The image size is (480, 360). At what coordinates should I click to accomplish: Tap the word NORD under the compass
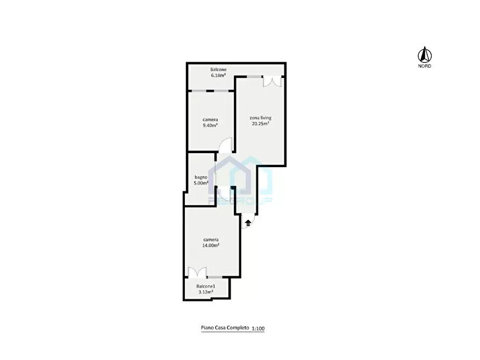point(425,66)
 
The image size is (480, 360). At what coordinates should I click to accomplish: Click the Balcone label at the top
point(218,69)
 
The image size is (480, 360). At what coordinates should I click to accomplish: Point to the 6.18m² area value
point(218,75)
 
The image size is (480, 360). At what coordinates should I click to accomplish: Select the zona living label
point(261,118)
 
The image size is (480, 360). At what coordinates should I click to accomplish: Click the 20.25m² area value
point(261,124)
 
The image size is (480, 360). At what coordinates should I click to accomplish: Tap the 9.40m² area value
point(210,125)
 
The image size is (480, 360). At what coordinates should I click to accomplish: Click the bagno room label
point(201,177)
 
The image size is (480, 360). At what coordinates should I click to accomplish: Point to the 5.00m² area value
point(201,183)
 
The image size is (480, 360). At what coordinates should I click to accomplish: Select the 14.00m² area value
point(211,245)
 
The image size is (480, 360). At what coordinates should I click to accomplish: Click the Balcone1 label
point(206,286)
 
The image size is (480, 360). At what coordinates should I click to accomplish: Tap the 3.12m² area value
point(206,292)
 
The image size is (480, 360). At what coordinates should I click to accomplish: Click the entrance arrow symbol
point(248,222)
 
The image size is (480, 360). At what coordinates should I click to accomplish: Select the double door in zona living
point(272,82)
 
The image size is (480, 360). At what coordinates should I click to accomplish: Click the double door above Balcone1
point(197,272)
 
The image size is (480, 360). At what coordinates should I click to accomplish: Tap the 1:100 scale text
point(258,329)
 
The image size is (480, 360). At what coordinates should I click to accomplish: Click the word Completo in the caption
point(238,328)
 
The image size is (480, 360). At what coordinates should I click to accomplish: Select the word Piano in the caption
point(206,328)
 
